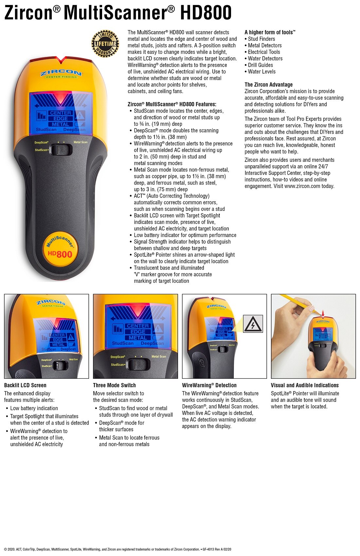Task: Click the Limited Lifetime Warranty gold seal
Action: [105, 43]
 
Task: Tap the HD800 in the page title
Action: [206, 13]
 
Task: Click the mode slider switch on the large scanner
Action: [61, 150]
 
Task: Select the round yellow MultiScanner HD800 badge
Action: [60, 249]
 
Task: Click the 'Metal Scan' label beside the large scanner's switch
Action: [81, 142]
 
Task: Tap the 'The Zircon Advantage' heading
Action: [269, 85]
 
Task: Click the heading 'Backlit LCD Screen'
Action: [25, 385]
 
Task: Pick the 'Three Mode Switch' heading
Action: [114, 385]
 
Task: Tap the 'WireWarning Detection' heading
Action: [209, 385]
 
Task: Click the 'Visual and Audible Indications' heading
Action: [305, 385]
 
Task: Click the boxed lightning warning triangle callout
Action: [253, 324]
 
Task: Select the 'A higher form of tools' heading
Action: [270, 32]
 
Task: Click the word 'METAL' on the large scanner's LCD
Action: [61, 124]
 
